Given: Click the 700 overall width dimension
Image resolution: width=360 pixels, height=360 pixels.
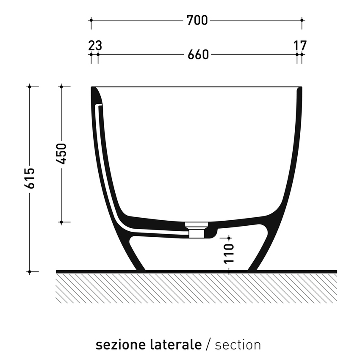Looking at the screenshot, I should [197, 20].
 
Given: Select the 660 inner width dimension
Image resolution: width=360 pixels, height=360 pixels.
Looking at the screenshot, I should [198, 55].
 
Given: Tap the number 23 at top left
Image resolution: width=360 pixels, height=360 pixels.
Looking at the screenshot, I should [95, 45].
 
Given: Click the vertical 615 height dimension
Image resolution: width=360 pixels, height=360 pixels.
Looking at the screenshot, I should [29, 179].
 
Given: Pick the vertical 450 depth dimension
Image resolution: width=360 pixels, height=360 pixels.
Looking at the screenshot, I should [61, 154].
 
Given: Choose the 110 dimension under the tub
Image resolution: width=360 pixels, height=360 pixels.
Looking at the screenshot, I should [229, 253].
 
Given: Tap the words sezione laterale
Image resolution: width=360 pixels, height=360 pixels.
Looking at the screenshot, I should [148, 344].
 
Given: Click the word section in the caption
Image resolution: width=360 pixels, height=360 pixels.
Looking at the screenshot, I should [238, 344].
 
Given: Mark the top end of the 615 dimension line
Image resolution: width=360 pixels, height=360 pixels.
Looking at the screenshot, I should [29, 87].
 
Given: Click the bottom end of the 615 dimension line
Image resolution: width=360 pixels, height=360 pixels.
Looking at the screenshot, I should [29, 271].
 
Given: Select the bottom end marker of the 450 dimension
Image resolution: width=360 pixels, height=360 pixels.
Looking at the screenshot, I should [61, 222].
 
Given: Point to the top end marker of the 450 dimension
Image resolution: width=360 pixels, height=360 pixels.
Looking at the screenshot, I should [61, 87].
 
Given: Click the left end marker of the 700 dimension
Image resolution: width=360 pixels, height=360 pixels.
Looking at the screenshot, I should [91, 20].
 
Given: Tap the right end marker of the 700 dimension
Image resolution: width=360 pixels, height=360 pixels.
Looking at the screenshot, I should [302, 20].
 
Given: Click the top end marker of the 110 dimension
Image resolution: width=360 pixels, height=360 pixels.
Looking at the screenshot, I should [229, 237].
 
